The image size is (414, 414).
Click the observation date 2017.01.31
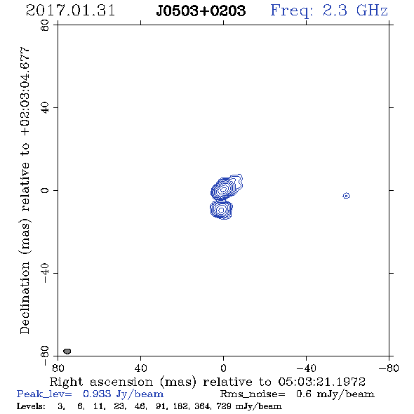[70, 11]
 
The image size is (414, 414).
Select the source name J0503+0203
[201, 11]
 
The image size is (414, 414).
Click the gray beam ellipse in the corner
[67, 351]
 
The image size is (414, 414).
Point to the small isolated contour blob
[347, 196]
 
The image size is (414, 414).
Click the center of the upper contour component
[224, 189]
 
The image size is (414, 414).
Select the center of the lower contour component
[221, 210]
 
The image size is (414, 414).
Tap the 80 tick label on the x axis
[58, 368]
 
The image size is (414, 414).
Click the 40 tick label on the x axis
[140, 368]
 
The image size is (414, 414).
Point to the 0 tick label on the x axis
[223, 368]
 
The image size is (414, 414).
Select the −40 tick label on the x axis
[306, 368]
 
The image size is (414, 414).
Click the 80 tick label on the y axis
[45, 25]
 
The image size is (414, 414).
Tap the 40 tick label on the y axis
[45, 108]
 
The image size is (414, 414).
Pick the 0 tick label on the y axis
[45, 190]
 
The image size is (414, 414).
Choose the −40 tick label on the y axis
[45, 273]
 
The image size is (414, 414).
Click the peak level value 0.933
[97, 394]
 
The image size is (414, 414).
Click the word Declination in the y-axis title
[25, 298]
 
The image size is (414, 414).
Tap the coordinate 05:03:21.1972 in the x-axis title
[322, 382]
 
